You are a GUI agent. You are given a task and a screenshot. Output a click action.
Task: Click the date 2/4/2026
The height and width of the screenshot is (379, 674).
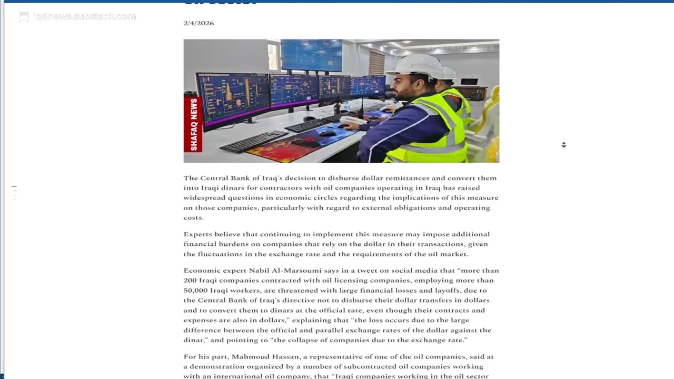199,23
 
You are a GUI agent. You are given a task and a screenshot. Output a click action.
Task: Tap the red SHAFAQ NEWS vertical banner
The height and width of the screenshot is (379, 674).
193,124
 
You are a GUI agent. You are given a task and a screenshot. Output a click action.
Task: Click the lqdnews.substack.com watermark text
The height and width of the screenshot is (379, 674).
84,16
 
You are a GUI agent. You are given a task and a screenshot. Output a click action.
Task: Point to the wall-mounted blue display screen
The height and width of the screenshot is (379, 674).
311,54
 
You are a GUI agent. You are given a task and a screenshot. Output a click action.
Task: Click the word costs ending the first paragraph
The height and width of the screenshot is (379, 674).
193,218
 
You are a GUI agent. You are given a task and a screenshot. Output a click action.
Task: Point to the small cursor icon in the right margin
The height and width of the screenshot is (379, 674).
563,145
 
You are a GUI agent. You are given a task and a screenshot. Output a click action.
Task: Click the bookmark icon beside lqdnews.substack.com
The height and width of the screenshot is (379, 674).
24,17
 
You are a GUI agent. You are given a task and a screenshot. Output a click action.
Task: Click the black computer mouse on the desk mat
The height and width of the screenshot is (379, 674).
326,133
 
